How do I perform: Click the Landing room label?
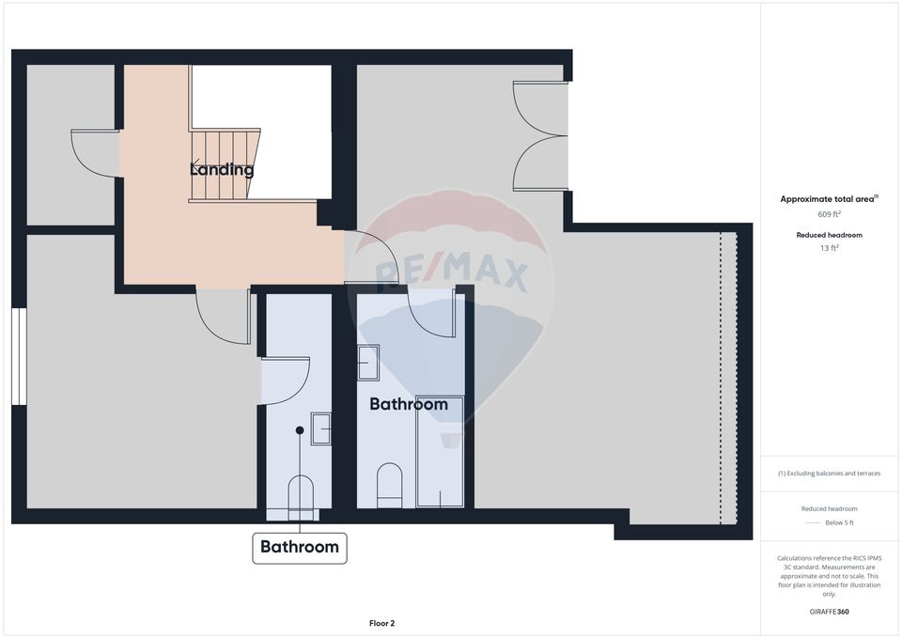pos(222,170)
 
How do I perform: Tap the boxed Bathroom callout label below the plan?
pos(300,547)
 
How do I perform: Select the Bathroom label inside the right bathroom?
pos(408,404)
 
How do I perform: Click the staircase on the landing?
pos(224,164)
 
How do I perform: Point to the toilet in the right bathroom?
pos(389,484)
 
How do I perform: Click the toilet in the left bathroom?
pos(300,494)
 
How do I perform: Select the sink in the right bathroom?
pos(368,363)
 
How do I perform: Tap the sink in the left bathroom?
pos(321,428)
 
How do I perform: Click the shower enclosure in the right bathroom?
pos(440,451)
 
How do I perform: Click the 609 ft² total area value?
pos(829,213)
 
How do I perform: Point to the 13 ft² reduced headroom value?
pos(829,248)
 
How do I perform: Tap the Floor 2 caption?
pos(381,623)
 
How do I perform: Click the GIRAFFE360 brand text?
pos(829,612)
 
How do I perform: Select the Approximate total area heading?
pos(828,199)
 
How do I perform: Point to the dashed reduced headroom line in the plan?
pos(722,376)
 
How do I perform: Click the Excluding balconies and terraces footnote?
pos(829,474)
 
